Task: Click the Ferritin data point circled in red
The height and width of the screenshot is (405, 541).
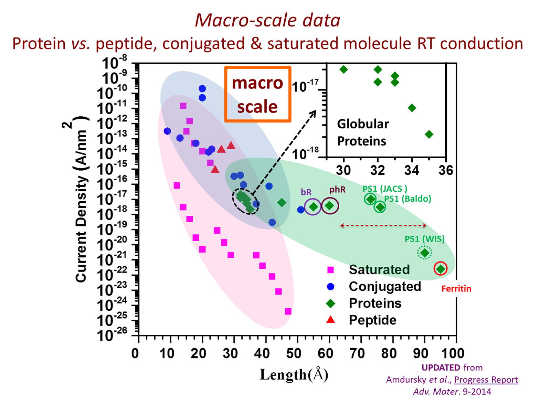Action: tap(441, 268)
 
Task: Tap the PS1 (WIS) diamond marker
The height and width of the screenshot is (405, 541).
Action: tap(425, 253)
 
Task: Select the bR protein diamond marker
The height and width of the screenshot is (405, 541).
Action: tap(313, 207)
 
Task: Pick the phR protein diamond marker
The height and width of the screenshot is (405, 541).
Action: tap(330, 206)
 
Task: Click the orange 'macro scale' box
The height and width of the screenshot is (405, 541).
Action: tap(257, 94)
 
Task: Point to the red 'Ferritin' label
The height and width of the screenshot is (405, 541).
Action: tap(456, 289)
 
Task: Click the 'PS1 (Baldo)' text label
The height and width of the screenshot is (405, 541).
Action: tap(407, 199)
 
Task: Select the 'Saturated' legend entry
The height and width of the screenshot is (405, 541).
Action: tap(379, 269)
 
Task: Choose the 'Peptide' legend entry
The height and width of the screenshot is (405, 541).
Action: tap(372, 320)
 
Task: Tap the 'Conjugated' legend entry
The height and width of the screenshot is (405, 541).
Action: tap(384, 286)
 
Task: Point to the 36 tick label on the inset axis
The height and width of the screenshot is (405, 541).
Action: tap(446, 170)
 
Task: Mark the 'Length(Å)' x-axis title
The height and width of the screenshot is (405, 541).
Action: tap(294, 375)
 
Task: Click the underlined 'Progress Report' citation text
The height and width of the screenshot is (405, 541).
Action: tap(486, 380)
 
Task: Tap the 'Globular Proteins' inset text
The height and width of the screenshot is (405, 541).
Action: tap(362, 132)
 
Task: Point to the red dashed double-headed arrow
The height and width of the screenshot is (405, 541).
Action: tap(383, 225)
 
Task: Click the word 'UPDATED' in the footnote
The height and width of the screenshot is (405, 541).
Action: tap(441, 367)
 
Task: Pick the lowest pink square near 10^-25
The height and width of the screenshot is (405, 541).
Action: tap(288, 311)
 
